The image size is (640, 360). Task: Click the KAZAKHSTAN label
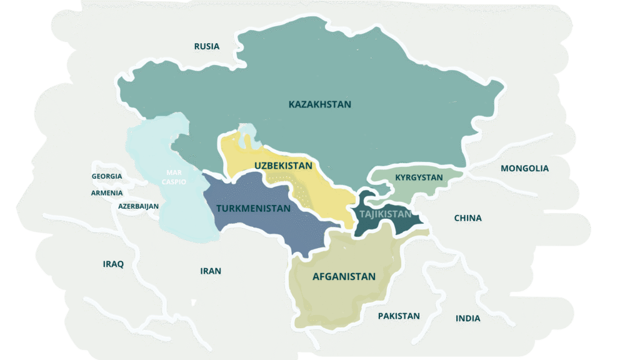click(x=320, y=104)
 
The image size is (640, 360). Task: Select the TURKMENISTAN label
click(x=253, y=208)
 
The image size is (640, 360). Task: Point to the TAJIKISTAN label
click(x=386, y=214)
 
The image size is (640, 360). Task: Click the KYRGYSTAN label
click(x=419, y=177)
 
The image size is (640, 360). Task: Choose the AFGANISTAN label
click(x=344, y=276)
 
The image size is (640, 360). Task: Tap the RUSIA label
click(x=206, y=46)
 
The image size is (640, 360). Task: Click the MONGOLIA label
click(x=524, y=168)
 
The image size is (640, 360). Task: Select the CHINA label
click(x=467, y=218)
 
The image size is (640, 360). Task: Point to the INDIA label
click(x=467, y=318)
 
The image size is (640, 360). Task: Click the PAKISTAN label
click(x=399, y=316)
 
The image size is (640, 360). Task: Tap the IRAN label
click(x=211, y=271)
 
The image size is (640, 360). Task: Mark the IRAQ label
click(x=113, y=264)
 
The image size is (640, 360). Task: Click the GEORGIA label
click(x=107, y=176)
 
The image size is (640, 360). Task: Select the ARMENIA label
click(x=107, y=192)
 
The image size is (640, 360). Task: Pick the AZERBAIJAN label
click(x=138, y=206)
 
